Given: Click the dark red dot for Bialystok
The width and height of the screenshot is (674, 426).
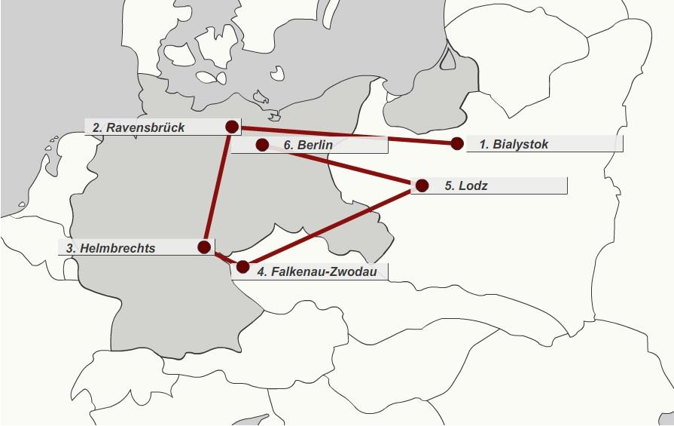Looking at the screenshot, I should point(457,143).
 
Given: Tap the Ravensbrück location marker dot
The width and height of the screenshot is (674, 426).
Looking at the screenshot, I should point(232,127).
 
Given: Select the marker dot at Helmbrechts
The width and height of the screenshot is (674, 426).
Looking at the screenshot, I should point(204,247).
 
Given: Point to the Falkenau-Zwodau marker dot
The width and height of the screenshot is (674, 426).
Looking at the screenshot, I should point(242,266).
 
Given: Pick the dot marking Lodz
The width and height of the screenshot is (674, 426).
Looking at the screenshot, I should point(422,185).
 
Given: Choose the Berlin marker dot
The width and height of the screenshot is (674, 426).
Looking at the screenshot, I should point(262,144).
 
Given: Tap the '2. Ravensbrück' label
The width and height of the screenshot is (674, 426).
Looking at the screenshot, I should point(139,127).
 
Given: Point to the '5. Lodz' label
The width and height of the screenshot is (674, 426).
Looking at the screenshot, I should point(466,185).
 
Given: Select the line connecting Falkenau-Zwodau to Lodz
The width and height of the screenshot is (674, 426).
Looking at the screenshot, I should point(331,225).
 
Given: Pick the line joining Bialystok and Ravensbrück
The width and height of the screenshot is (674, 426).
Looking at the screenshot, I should point(407,139).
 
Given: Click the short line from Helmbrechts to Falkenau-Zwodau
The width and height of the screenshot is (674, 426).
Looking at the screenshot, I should point(223,256).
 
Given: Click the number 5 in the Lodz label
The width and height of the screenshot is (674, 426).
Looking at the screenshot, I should point(449,185).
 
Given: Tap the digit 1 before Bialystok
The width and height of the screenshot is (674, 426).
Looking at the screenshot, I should point(483,144).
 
